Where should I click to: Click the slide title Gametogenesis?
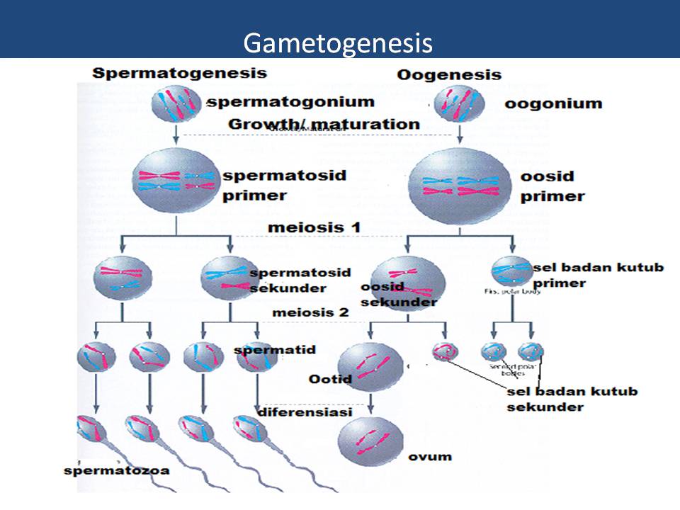pos(337,43)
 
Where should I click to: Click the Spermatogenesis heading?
pos(180,73)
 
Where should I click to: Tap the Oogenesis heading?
pos(449,75)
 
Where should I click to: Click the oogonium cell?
pos(460,104)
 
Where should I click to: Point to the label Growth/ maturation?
pos(324,124)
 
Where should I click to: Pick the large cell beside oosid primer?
pos(460,183)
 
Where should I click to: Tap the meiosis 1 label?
pos(314,227)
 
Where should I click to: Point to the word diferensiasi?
pos(291,412)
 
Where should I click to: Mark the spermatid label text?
pos(274,350)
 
